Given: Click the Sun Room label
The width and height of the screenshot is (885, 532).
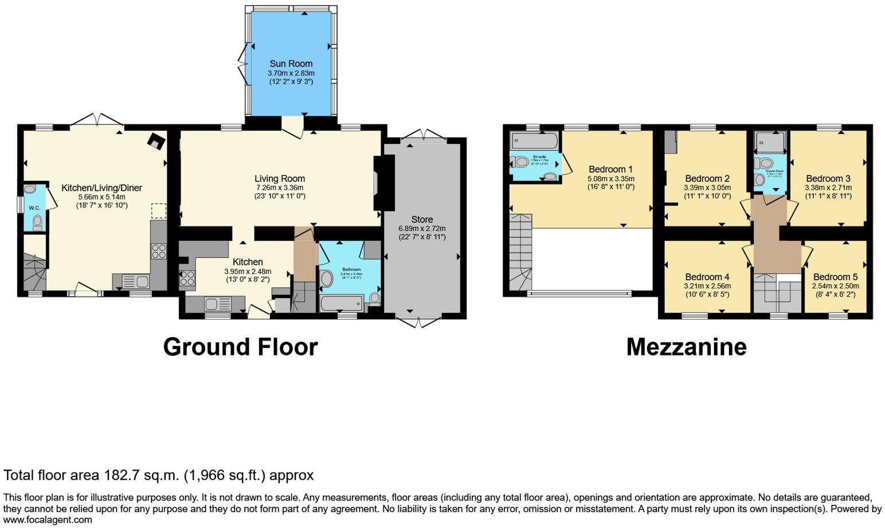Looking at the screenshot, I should point(291,64).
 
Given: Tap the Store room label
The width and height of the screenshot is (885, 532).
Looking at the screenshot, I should point(422,220).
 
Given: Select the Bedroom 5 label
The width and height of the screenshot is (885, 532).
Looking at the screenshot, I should point(835,277).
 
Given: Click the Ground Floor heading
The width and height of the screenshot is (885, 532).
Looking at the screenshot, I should point(240,347).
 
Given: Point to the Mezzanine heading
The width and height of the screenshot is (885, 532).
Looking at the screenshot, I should point(686,347).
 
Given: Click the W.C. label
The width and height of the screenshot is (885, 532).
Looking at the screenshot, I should point(34,208).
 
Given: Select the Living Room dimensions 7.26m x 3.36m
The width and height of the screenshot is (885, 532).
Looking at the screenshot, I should point(280,187).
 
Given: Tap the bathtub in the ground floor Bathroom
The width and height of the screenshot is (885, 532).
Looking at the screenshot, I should point(342,303).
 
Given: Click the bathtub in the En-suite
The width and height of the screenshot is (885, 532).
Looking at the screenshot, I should point(534,139).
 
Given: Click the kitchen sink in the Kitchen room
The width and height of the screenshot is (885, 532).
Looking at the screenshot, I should point(217,304).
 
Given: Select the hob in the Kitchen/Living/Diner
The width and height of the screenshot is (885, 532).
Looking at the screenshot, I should point(158,251).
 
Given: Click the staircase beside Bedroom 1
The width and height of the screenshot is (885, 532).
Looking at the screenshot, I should point(520,252).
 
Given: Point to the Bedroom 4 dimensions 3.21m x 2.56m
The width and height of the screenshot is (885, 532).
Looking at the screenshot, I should point(707,286).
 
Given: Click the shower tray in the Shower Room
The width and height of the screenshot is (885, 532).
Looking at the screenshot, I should point(769,141).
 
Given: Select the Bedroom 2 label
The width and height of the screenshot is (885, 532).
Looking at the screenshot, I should point(707,178).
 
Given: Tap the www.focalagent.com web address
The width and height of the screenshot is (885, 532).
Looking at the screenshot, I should point(48,520).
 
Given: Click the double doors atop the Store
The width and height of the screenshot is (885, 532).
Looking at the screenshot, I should point(424,135).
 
